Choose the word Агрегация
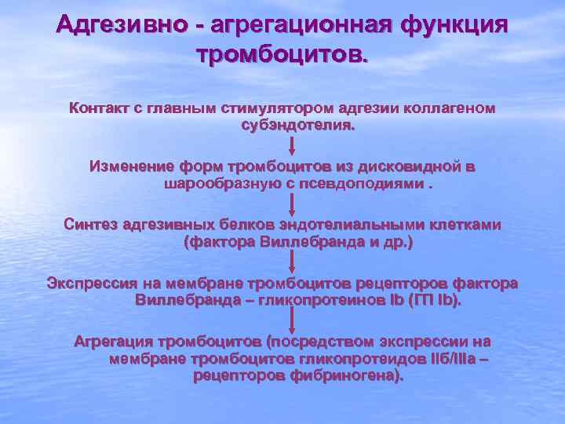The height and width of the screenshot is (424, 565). [x=112, y=342]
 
